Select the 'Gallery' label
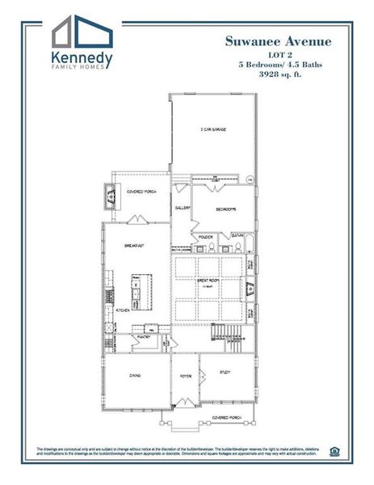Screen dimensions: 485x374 (183, 208)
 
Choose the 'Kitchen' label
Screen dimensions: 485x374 (123, 310)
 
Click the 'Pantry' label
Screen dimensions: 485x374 (145, 335)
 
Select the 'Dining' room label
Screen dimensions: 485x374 (136, 373)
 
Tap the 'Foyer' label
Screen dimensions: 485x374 (184, 373)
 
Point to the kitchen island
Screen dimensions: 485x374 (136, 291)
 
